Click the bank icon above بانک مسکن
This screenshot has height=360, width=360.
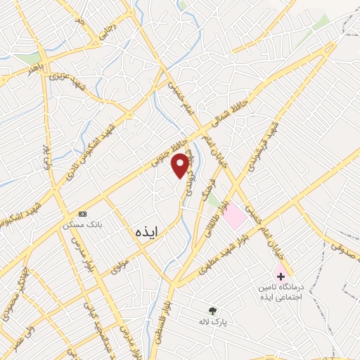83,213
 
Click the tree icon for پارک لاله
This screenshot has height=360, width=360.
212,310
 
